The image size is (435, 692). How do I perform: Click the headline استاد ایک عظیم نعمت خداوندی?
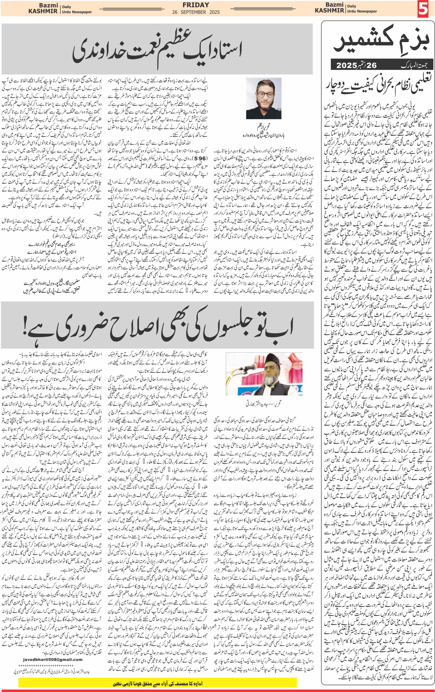(x=157, y=50)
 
